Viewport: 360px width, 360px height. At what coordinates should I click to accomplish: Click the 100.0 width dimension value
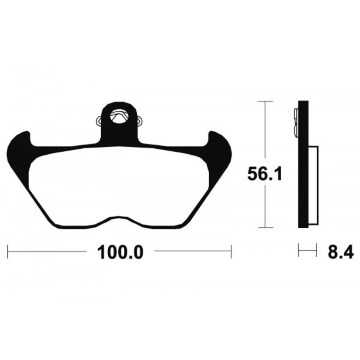click(118, 252)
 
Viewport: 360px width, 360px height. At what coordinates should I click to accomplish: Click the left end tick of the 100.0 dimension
click(8, 251)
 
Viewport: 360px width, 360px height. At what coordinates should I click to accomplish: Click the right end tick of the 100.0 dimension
click(231, 251)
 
